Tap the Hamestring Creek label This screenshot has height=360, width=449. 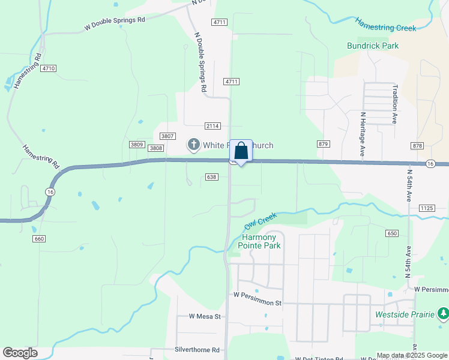[x=385, y=25]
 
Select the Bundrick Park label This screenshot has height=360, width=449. [x=373, y=46]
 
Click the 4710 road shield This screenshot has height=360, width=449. [x=49, y=68]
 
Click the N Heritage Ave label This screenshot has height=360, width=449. [x=363, y=134]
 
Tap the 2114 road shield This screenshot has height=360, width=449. [x=212, y=126]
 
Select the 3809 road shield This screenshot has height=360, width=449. [x=136, y=145]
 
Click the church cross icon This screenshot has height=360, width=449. [x=194, y=145]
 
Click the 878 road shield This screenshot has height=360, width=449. [x=418, y=146]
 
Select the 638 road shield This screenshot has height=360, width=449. [x=211, y=177]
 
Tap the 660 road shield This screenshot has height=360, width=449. [x=40, y=239]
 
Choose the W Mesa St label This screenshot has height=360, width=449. [x=205, y=316]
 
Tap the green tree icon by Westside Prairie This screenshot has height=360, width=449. [x=443, y=313]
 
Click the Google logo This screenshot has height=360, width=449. [x=20, y=353]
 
